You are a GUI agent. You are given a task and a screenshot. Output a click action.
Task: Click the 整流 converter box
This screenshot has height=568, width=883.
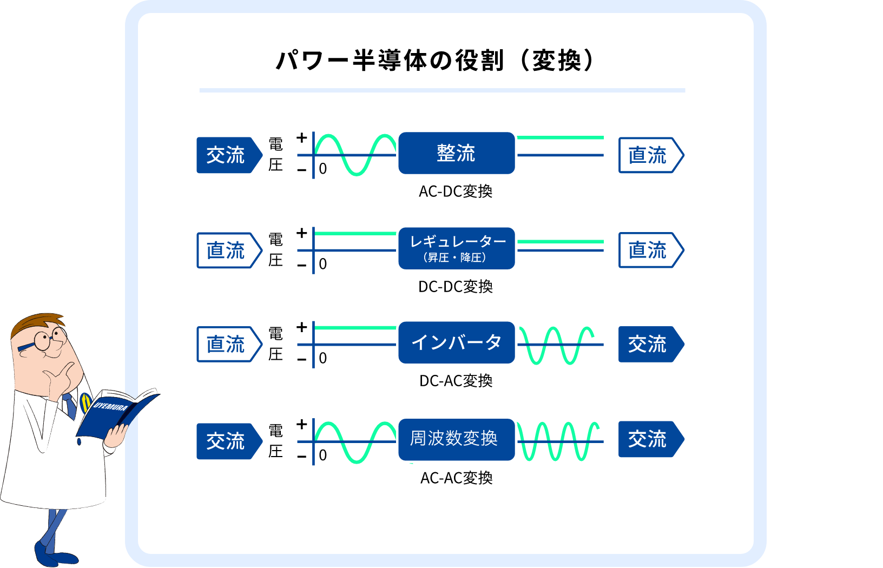(457, 153)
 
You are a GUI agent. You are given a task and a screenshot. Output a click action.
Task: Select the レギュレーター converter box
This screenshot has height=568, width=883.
(457, 248)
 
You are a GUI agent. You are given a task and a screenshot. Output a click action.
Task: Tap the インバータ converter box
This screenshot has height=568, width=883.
(457, 342)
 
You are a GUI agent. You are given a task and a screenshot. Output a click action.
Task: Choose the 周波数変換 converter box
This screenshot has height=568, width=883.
(457, 439)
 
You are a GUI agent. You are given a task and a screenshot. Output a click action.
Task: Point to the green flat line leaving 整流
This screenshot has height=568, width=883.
(561, 138)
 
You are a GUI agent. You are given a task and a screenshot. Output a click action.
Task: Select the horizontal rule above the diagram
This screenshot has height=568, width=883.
(442, 90)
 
